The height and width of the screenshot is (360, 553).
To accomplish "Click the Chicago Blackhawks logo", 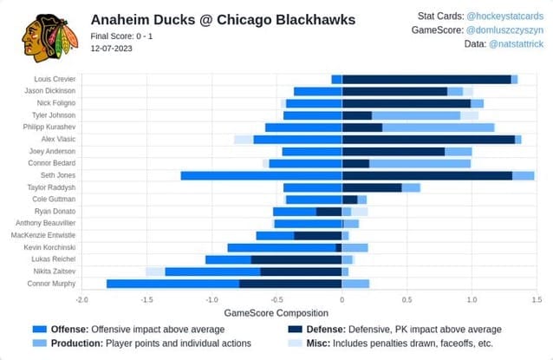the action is click(49, 38).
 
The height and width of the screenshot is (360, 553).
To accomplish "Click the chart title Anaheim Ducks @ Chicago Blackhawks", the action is click(223, 20).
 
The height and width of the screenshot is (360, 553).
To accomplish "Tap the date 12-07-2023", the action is click(111, 49).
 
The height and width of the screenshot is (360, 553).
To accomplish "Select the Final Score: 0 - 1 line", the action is click(121, 36).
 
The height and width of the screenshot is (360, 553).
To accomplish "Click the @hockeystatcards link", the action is click(505, 16).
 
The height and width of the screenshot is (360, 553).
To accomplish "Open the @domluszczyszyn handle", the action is click(504, 30).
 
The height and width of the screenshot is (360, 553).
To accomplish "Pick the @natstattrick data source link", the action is click(517, 43).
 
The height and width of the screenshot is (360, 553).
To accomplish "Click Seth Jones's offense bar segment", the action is click(262, 175).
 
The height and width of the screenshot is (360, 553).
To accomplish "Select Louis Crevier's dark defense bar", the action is click(426, 80).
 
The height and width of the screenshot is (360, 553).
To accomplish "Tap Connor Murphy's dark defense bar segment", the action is click(290, 284).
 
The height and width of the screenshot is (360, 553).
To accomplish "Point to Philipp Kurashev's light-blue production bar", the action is click(439, 128).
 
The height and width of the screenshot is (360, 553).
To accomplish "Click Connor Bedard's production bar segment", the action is click(420, 163).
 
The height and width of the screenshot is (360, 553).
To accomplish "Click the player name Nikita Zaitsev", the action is click(55, 272).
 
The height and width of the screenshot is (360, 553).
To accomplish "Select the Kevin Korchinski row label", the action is click(49, 247).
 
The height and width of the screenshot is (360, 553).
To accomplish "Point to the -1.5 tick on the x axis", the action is click(146, 299).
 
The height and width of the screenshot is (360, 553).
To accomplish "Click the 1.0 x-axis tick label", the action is click(472, 299).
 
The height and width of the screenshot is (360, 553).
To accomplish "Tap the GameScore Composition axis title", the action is click(276, 313).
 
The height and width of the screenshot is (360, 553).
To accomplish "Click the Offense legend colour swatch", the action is click(40, 330).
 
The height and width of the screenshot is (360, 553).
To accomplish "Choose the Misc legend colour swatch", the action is click(296, 343).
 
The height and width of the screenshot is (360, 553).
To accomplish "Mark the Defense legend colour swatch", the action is click(296, 330).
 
